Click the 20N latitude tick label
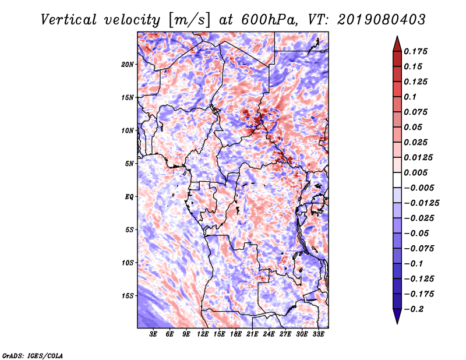[128, 64]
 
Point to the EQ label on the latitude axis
[129, 196]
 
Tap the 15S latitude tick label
[128, 295]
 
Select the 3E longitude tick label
[153, 334]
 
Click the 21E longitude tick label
[252, 334]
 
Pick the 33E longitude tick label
[318, 334]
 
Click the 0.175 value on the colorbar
[415, 51]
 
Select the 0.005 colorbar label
[415, 172]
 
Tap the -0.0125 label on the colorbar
[421, 203]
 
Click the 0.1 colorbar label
[410, 97]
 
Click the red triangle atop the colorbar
[397, 44]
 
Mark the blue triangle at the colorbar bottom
[397, 316]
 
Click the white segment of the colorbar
[397, 180]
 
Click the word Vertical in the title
[69, 20]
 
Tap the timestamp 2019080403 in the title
[382, 20]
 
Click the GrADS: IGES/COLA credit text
[33, 355]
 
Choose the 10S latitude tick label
[128, 263]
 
